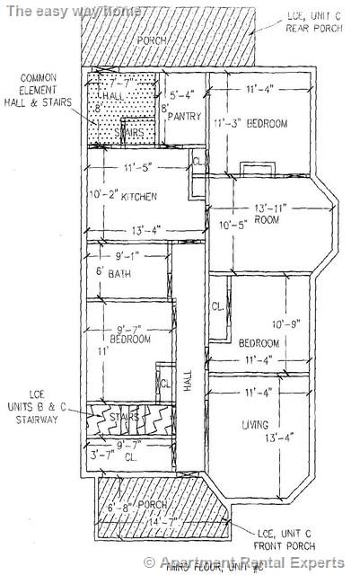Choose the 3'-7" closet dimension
(x=101, y=456)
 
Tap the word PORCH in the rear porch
(x=152, y=41)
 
